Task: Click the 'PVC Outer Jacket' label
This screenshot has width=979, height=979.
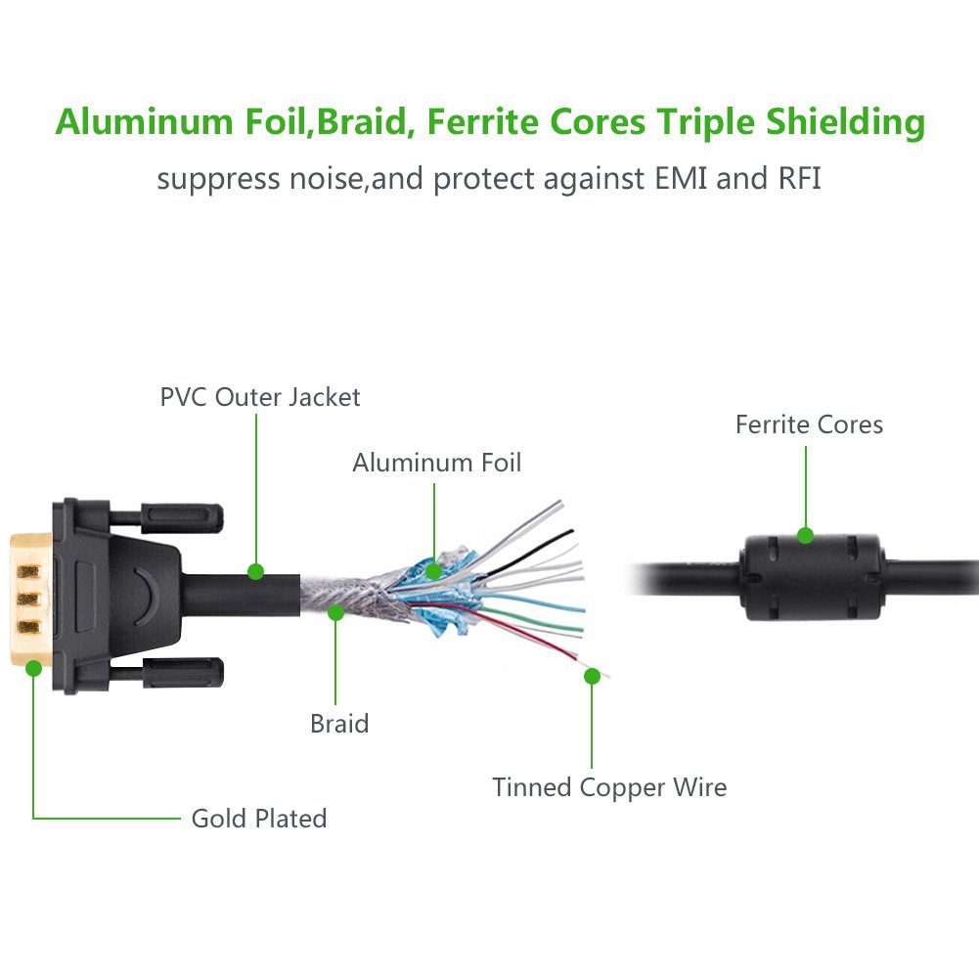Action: pyautogui.click(x=260, y=397)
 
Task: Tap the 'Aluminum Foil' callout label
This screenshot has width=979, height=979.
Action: pyautogui.click(x=436, y=463)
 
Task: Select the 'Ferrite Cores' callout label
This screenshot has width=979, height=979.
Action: pyautogui.click(x=809, y=424)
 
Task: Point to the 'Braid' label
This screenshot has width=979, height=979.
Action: pyautogui.click(x=339, y=724)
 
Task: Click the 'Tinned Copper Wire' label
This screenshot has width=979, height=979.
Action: pyautogui.click(x=609, y=787)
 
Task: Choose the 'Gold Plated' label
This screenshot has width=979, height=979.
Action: pyautogui.click(x=259, y=819)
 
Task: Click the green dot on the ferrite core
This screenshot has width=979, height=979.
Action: pyautogui.click(x=805, y=535)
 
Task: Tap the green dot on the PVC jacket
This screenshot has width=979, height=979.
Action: pyautogui.click(x=256, y=570)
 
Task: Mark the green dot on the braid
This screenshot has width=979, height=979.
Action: pyautogui.click(x=336, y=613)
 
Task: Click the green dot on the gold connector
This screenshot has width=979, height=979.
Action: pyautogui.click(x=34, y=668)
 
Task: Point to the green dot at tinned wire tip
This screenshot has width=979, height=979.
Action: pyautogui.click(x=592, y=675)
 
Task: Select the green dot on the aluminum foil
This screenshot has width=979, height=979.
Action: pyautogui.click(x=434, y=571)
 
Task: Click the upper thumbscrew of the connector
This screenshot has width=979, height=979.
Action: pyautogui.click(x=182, y=515)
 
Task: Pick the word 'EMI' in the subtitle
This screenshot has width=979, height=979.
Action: pyautogui.click(x=674, y=180)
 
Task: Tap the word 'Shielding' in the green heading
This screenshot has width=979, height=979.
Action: pyautogui.click(x=847, y=124)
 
